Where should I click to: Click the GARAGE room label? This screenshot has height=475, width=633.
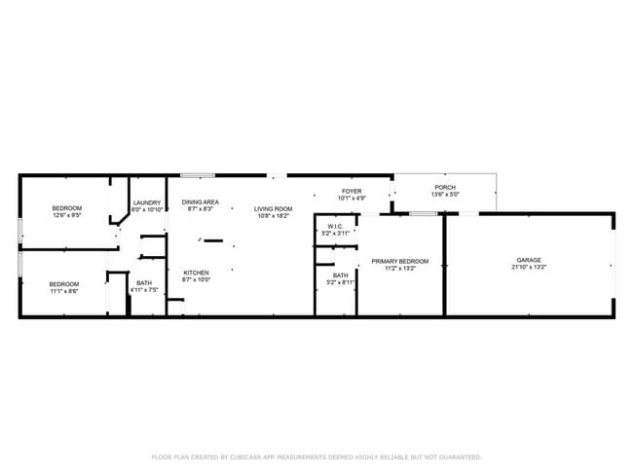(529, 260)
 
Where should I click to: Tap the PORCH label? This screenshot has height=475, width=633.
(444, 188)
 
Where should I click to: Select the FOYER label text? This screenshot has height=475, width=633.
(352, 191)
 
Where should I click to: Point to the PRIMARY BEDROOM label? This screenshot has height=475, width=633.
(400, 261)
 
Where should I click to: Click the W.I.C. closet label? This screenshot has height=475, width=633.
(334, 227)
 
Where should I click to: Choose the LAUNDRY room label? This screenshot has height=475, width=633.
(146, 202)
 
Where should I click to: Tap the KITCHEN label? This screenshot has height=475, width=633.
(196, 273)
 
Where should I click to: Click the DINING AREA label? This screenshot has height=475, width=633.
(201, 202)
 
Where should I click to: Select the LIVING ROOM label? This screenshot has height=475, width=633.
(274, 208)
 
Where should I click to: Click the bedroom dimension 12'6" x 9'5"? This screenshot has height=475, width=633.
(66, 215)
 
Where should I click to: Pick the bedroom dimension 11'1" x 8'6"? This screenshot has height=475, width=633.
(64, 290)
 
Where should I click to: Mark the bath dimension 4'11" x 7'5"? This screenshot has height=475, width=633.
(142, 290)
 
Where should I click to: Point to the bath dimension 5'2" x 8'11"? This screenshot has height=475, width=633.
(340, 282)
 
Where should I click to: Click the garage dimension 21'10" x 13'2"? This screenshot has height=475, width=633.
(529, 267)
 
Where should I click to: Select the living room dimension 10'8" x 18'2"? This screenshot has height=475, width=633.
(274, 215)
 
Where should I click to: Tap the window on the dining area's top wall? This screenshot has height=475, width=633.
(198, 175)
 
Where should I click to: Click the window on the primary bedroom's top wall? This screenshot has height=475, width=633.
(422, 212)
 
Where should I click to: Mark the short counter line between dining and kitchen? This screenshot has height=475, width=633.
(213, 239)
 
